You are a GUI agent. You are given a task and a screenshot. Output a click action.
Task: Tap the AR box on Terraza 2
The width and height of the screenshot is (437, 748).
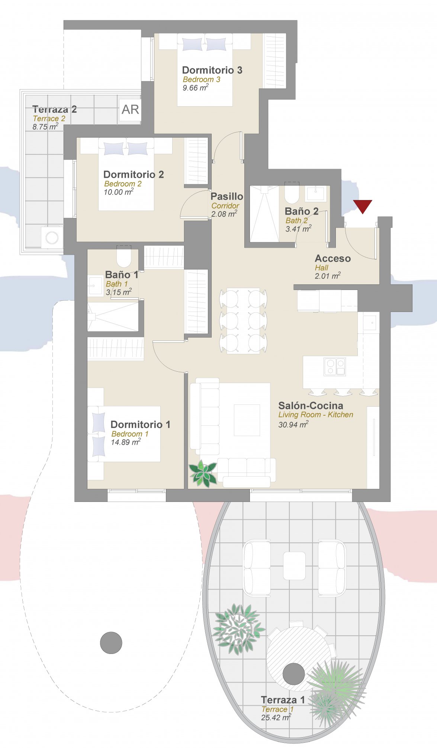pyautogui.click(x=130, y=109)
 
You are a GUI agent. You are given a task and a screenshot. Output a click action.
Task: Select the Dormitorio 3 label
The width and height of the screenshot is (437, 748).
pyautogui.click(x=212, y=70)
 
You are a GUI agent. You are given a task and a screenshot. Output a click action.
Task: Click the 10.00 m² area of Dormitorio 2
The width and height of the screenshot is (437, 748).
pyautogui.click(x=119, y=192)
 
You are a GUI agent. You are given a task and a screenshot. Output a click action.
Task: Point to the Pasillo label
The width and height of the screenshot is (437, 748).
pyautogui.click(x=227, y=196)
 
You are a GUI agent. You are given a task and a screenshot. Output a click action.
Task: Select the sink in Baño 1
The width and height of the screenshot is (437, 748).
pyautogui.click(x=96, y=286)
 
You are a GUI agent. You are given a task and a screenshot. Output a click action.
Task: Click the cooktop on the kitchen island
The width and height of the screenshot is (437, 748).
pyautogui.click(x=335, y=367)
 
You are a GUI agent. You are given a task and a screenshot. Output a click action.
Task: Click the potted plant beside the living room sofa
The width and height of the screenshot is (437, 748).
pyautogui.click(x=203, y=473)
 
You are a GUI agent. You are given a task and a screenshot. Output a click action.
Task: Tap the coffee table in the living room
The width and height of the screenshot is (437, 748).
pyautogui.click(x=247, y=420)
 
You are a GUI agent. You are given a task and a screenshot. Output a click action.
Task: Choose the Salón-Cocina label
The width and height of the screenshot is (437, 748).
pyautogui.click(x=311, y=406)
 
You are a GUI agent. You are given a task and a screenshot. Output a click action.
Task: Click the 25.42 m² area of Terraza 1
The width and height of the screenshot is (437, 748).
pyautogui.click(x=276, y=718)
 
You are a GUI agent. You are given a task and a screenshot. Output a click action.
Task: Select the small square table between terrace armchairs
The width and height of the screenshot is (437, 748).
pyautogui.click(x=294, y=565)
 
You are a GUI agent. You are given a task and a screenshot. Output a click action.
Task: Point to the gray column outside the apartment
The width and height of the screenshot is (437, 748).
pyautogui.click(x=111, y=643)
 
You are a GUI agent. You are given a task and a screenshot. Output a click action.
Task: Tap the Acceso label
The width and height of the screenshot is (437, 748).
pyautogui.click(x=333, y=258)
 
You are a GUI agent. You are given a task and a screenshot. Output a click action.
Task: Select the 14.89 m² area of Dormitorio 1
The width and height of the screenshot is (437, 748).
pyautogui.click(x=126, y=442)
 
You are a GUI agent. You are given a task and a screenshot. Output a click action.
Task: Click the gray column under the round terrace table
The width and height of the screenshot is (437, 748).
pyautogui.click(x=294, y=674)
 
